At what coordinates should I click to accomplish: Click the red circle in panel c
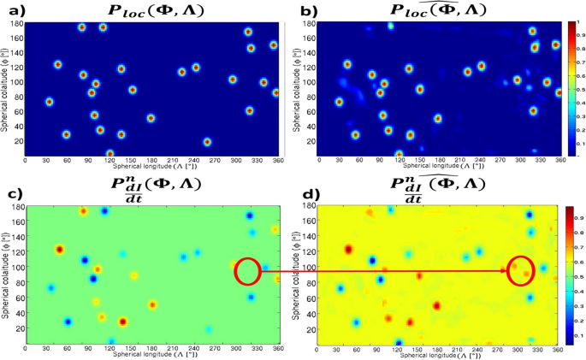[246, 271]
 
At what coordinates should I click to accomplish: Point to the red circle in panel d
[520, 270]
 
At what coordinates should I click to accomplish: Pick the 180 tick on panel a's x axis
[151, 161]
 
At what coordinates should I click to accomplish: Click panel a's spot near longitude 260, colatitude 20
[207, 142]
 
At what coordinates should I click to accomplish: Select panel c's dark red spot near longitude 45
[59, 250]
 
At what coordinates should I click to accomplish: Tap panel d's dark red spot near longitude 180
[436, 305]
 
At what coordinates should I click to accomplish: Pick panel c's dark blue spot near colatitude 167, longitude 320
[250, 215]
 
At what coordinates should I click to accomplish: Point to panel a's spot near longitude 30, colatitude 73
[49, 102]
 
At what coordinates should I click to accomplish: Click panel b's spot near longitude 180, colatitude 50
[438, 119]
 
